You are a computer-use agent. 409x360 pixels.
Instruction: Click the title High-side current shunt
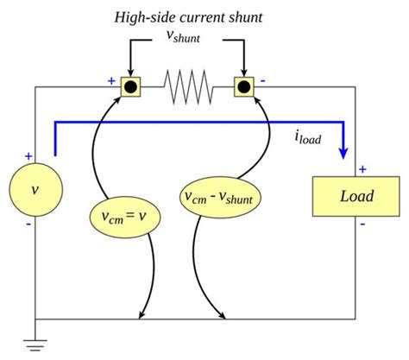pyautogui.click(x=188, y=18)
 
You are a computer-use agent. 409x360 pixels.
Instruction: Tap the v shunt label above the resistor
pyautogui.click(x=183, y=36)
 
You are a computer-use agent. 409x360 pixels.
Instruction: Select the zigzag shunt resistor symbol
pyautogui.click(x=188, y=86)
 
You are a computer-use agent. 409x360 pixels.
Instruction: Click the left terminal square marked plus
pyautogui.click(x=130, y=86)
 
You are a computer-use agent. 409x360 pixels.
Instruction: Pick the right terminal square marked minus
pyautogui.click(x=244, y=86)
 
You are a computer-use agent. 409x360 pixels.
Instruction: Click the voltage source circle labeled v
pyautogui.click(x=35, y=190)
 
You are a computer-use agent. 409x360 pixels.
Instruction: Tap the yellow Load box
pyautogui.click(x=356, y=196)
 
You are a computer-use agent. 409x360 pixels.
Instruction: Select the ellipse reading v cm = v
pyautogui.click(x=125, y=217)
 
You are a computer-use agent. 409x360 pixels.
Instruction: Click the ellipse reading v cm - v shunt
pyautogui.click(x=220, y=198)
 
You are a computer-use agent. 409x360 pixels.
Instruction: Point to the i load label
pyautogui.click(x=308, y=137)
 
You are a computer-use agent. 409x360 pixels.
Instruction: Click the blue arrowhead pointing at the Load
pyautogui.click(x=343, y=153)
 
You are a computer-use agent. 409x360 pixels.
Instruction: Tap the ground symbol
pyautogui.click(x=35, y=345)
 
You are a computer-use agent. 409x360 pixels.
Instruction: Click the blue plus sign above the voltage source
pyautogui.click(x=28, y=156)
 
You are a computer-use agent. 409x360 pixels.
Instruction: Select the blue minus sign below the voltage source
pyautogui.click(x=28, y=224)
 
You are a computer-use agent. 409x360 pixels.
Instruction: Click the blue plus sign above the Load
pyautogui.click(x=362, y=169)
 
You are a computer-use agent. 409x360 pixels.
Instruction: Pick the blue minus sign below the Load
pyautogui.click(x=363, y=224)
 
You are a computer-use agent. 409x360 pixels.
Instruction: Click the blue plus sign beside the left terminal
pyautogui.click(x=111, y=81)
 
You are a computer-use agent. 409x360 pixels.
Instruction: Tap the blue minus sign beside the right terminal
pyautogui.click(x=263, y=81)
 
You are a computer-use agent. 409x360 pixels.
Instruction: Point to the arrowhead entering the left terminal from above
pyautogui.click(x=130, y=73)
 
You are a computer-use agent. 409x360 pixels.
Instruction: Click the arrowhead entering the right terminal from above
pyautogui.click(x=244, y=73)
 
